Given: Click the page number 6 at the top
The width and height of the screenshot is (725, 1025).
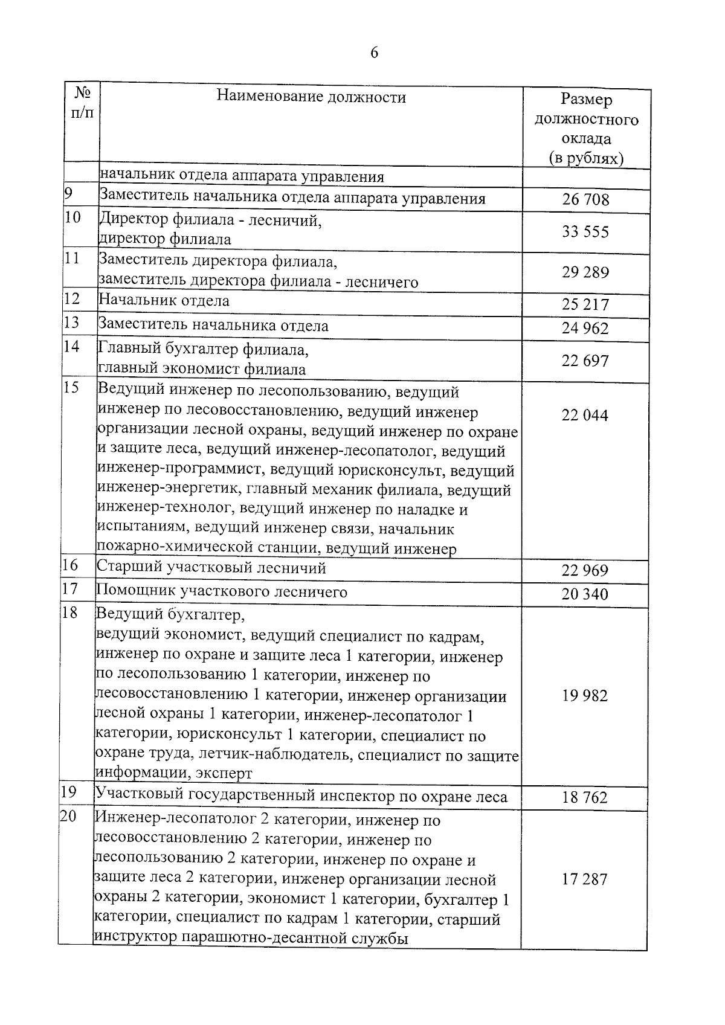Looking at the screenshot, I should click(374, 53).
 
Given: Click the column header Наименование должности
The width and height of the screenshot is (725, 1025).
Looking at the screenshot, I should click(311, 97).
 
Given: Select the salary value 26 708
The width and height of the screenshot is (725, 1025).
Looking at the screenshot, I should click(585, 199).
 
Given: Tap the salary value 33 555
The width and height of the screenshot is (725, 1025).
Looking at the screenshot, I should click(585, 232).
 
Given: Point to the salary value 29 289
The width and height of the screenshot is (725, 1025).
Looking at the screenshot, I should click(585, 272).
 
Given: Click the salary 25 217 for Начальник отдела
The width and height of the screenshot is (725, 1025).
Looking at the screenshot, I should click(585, 304).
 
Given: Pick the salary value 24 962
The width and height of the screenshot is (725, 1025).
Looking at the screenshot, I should click(585, 329).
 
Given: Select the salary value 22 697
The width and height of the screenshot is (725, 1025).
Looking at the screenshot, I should click(585, 361).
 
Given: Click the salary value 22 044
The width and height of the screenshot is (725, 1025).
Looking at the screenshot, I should click(585, 416).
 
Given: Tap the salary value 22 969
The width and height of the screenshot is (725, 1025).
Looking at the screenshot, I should click(585, 571).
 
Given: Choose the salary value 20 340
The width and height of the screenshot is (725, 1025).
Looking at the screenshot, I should click(585, 594).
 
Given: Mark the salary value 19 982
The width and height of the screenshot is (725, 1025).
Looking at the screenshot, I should click(585, 696).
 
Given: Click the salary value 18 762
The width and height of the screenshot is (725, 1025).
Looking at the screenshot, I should click(585, 797).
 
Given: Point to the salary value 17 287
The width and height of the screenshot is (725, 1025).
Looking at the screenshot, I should click(585, 879).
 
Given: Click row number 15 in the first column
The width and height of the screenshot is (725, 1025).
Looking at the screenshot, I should click(71, 388).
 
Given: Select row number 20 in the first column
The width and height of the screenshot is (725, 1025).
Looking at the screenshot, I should click(68, 816).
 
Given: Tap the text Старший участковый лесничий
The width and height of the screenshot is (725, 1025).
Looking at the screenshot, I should click(211, 568).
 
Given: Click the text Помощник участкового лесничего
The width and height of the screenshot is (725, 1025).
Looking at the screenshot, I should click(222, 591).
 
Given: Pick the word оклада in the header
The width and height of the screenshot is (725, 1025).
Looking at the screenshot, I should click(587, 139).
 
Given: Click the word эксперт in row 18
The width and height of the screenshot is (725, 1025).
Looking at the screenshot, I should click(224, 774).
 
